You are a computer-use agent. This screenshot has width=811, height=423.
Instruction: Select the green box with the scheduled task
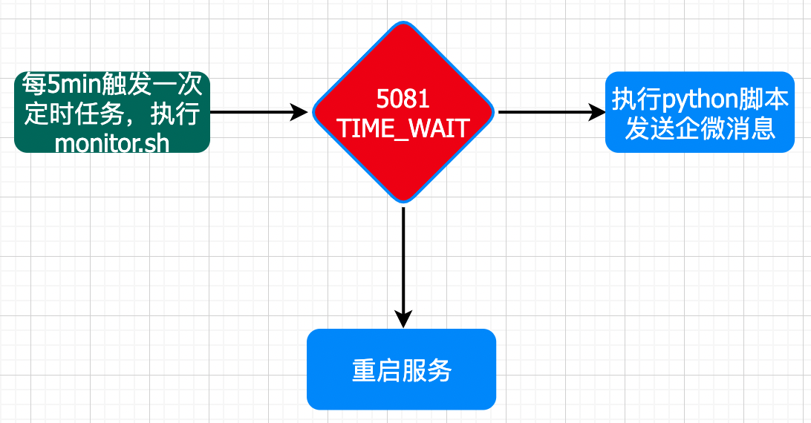[x=111, y=112]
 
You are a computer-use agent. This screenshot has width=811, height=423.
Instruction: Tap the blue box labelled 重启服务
[x=401, y=369]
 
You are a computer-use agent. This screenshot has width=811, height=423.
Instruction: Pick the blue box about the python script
[x=700, y=112]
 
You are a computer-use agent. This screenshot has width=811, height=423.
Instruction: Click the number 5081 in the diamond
[x=403, y=99]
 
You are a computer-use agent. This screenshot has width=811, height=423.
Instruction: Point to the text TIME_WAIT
[x=403, y=128]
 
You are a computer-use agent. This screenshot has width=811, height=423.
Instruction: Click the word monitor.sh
[x=112, y=142]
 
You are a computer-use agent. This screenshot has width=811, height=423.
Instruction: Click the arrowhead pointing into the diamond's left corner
[x=299, y=112]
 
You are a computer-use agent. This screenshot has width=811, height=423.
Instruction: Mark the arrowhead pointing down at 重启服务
[x=403, y=319]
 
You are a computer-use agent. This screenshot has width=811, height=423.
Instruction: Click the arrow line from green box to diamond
[x=253, y=112]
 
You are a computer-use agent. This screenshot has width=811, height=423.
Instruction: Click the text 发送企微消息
[x=700, y=128]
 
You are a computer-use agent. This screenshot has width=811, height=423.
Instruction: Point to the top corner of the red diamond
[x=403, y=23]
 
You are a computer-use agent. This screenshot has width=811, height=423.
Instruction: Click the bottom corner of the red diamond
[x=403, y=201]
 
